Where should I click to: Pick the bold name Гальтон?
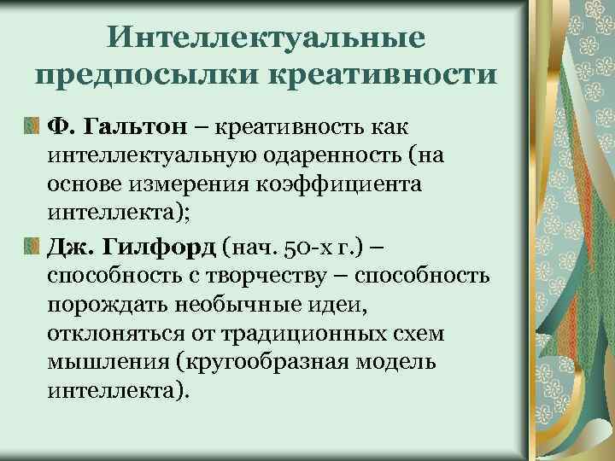(140, 128)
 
